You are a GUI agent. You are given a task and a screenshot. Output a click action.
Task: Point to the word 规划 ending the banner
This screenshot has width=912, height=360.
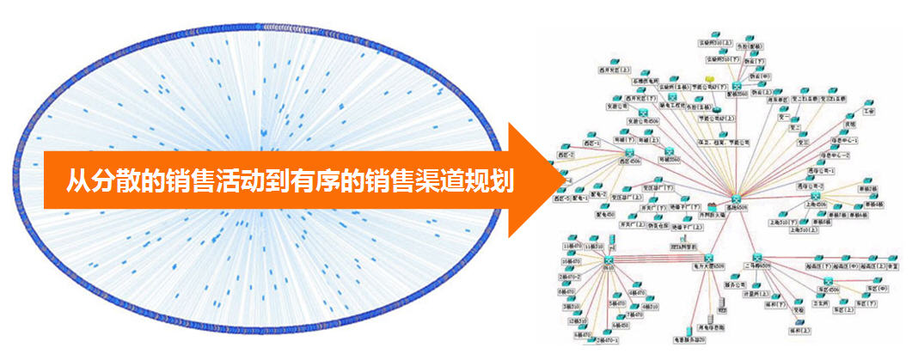click(496, 181)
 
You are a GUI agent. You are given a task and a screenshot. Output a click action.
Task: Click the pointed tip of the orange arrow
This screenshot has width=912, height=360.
click(551, 180)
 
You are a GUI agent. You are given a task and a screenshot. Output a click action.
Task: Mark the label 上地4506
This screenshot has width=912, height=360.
click(814, 204)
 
